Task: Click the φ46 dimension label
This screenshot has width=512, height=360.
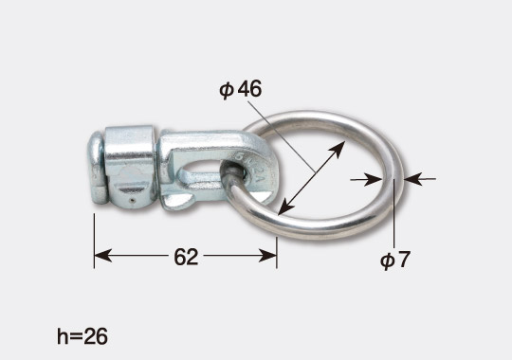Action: [x=241, y=89]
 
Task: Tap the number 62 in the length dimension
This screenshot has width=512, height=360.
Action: [x=186, y=257]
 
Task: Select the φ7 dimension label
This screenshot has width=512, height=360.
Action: [x=394, y=261]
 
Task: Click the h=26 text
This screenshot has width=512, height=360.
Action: [x=82, y=336]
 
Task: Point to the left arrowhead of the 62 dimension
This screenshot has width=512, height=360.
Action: [x=102, y=255]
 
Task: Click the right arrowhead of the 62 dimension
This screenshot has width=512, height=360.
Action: [x=267, y=255]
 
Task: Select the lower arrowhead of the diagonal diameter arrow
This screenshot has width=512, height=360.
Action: [x=285, y=207]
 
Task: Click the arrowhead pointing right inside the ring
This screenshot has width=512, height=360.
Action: [x=374, y=179]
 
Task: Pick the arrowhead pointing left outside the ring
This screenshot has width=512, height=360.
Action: [x=413, y=179]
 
